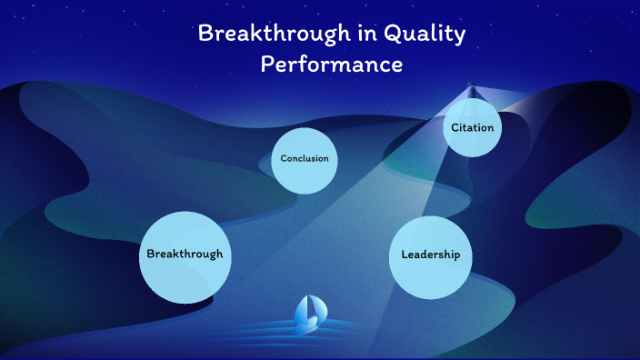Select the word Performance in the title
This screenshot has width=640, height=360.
coord(331,65)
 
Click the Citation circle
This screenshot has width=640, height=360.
coord(473,128)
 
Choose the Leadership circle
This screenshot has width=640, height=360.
coord(431,255)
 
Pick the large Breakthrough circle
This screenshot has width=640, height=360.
coord(185,255)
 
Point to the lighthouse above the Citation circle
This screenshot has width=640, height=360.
coord(471,91)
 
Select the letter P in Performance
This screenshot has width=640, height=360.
coord(268,65)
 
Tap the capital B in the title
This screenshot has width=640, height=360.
coord(205,35)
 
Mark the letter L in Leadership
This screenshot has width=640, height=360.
coord(405,255)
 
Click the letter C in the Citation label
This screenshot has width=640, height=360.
coord(455,128)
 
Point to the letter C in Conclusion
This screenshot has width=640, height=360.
coord(284,159)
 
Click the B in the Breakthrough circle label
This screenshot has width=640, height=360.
coord(151,255)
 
